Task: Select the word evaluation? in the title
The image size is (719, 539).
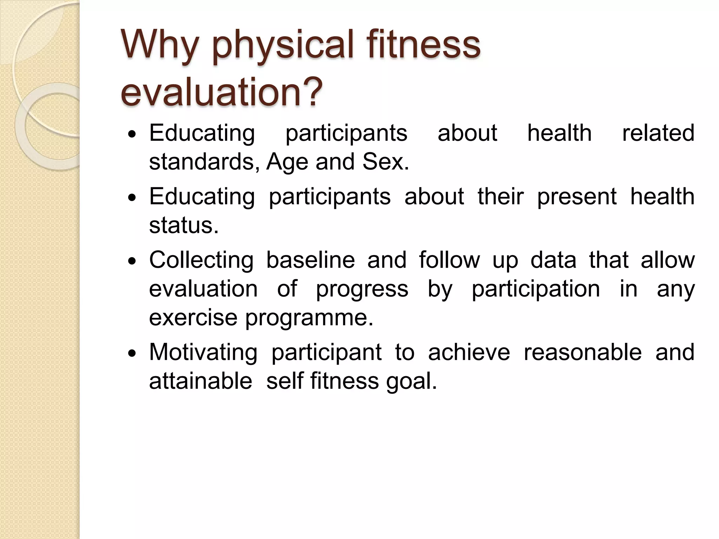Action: pos(221,92)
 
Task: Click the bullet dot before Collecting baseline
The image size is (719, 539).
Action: pos(132,261)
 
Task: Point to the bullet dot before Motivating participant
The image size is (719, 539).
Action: pos(132,354)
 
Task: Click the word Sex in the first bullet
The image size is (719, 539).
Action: pos(385,162)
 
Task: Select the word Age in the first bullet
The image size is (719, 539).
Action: pos(287,162)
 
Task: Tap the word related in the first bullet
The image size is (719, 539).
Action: pos(658,133)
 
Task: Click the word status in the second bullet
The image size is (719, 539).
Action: pos(183,225)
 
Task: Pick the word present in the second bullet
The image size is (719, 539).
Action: pos(576,197)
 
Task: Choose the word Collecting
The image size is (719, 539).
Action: pos(201,261)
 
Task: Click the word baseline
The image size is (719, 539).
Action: pos(310,260)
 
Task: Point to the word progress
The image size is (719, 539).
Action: pos(362,290)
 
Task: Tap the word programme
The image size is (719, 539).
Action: pos(309,318)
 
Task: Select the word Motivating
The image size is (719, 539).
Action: pos(203,352)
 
